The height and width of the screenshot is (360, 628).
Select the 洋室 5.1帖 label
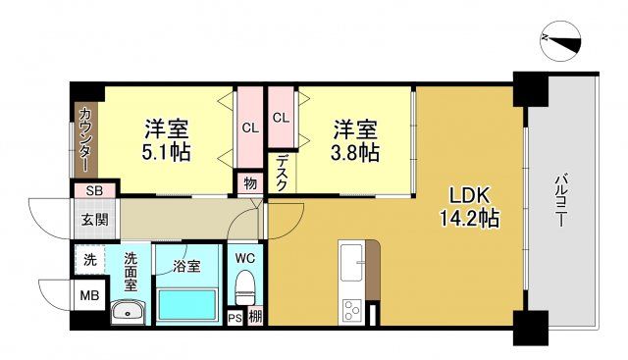pyautogui.click(x=167, y=140)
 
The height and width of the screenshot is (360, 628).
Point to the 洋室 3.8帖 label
pyautogui.click(x=354, y=140)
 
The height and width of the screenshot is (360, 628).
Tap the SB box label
pyautogui.click(x=94, y=190)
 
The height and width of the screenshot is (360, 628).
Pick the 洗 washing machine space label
pyautogui.click(x=89, y=260)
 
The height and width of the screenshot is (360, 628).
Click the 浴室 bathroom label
pyautogui.click(x=188, y=265)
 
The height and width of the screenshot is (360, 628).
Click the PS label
pyautogui.click(x=235, y=317)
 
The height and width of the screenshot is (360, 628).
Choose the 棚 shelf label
pyautogui.click(x=254, y=317)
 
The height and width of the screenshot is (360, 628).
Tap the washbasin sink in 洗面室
pyautogui.click(x=129, y=313)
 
